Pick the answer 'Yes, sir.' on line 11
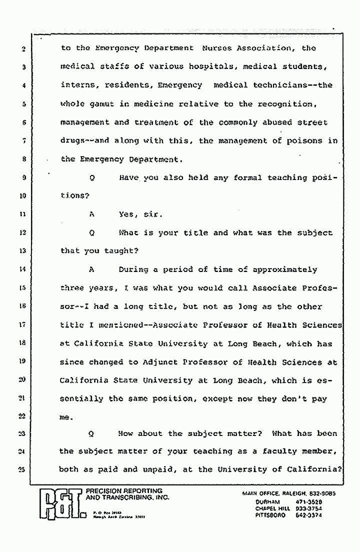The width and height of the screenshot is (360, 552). point(134,214)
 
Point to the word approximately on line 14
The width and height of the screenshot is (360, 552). point(285,269)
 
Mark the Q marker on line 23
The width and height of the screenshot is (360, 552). point(91,433)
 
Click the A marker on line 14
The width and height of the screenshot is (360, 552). point(91,269)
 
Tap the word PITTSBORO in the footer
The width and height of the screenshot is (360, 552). point(270,515)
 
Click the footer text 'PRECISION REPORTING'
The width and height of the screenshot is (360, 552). point(124,491)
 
